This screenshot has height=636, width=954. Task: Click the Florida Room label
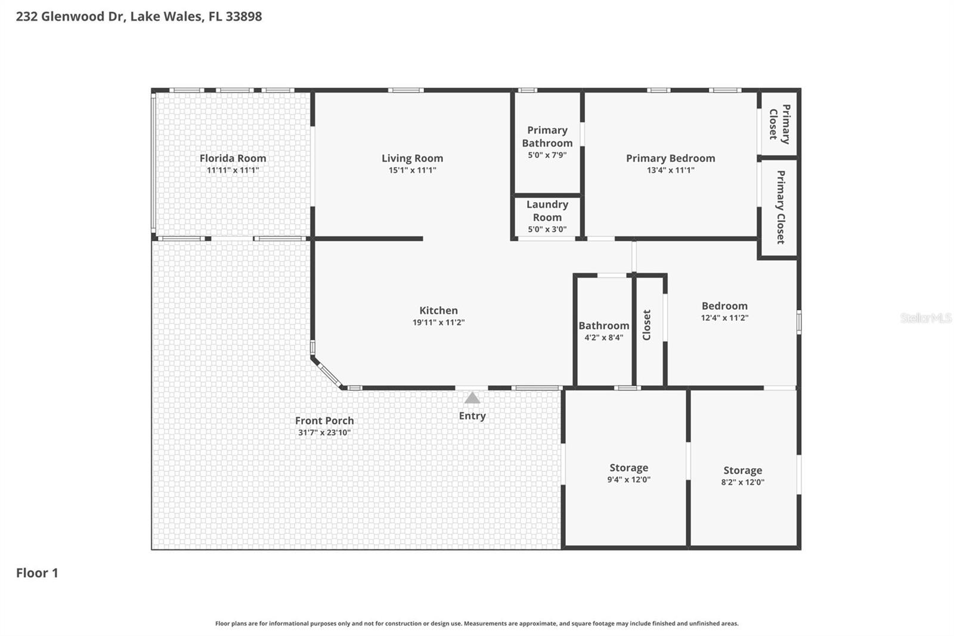tap(233, 158)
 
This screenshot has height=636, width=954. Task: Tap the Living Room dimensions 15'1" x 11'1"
tap(412, 170)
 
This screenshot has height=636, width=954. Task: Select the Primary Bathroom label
tap(547, 137)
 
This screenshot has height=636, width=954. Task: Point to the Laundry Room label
tap(547, 211)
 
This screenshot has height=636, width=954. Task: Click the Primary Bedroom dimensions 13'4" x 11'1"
tap(670, 170)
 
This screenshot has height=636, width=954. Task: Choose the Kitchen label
tap(438, 310)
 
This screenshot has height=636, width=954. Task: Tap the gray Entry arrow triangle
tap(472, 398)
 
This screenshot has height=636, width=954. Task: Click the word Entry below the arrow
tap(472, 416)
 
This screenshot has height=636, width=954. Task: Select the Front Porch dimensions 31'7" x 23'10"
tap(324, 433)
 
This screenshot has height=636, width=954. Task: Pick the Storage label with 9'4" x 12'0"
tap(628, 468)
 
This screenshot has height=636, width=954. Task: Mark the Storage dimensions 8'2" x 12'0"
tap(742, 482)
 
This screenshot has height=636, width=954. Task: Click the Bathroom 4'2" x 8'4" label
tap(603, 326)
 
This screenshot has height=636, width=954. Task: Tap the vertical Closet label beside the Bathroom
tap(647, 325)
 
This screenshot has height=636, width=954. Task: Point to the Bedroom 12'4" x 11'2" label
tap(724, 306)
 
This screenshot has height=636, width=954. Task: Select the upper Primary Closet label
tap(780, 124)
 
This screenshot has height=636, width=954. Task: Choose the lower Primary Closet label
tap(780, 207)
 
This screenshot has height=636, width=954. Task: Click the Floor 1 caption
tap(37, 573)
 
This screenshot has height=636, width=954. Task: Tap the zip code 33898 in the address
tap(243, 16)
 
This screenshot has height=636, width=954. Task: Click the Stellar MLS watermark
tap(925, 318)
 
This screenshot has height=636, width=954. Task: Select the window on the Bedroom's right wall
tap(798, 322)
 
